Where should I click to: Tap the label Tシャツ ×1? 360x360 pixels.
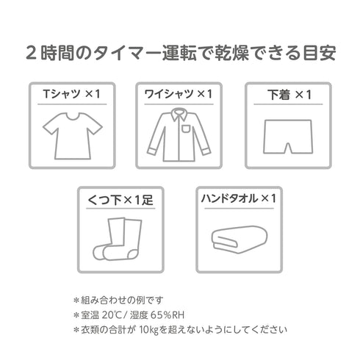tap(71, 94)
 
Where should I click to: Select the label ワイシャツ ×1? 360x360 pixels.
tap(180, 94)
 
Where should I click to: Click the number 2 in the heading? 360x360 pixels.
tap(31, 54)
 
